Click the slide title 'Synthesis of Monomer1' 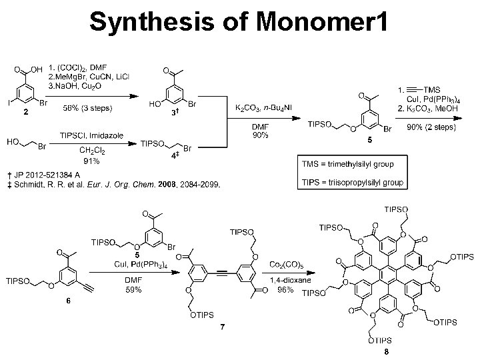point(237,23)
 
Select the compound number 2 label point(25,113)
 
